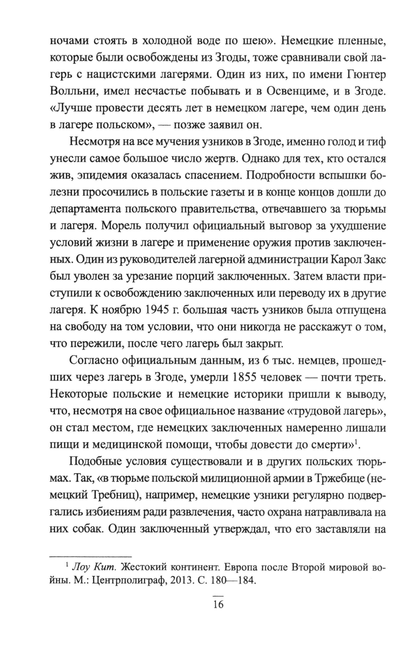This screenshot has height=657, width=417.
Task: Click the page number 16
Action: point(218,604)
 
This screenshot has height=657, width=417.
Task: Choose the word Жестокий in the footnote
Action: point(136,567)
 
